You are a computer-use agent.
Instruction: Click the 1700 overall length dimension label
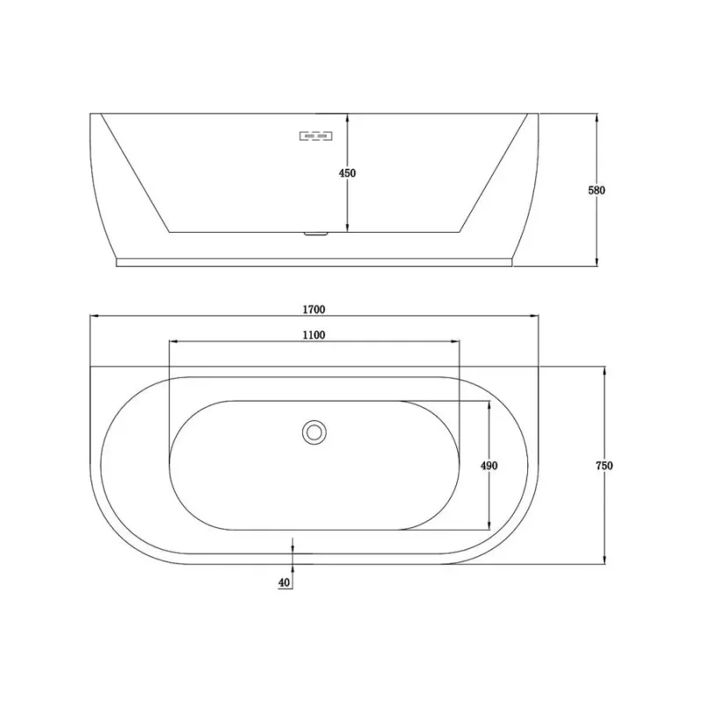pos(314,309)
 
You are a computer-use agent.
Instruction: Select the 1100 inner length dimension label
pos(314,335)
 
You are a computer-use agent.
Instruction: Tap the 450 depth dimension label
pos(347,173)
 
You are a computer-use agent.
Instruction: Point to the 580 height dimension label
pos(597,190)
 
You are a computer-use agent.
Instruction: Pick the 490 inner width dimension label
pos(489,466)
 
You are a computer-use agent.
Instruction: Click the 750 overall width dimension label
pos(605,466)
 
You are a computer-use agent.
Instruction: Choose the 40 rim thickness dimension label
pos(284,583)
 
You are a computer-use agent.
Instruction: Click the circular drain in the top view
pos(314,432)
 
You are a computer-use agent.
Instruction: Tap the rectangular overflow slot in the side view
pos(315,135)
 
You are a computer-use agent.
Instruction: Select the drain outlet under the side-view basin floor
pos(316,234)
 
